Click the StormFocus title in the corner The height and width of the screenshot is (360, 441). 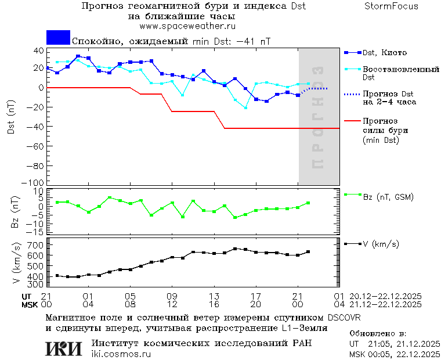coord(391,6)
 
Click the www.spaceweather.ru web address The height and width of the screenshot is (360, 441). coord(187,26)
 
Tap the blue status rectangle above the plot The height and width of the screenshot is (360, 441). coord(58,38)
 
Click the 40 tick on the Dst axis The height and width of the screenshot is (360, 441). coord(39,51)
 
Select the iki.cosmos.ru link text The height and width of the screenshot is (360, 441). coord(121,354)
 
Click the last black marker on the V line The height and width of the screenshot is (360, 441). coord(308,251)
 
